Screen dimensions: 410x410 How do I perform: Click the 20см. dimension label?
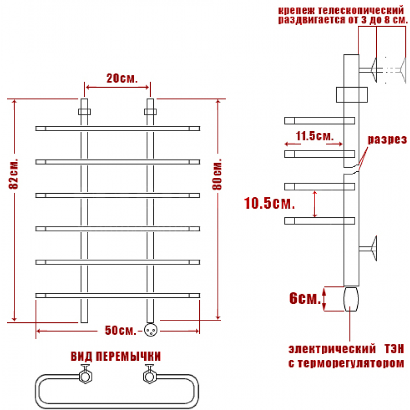(122, 78)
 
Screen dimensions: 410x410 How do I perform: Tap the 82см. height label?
(14, 174)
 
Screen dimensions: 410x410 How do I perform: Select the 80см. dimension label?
(217, 174)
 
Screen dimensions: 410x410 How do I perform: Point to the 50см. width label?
(120, 330)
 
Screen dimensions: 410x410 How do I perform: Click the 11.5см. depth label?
(315, 136)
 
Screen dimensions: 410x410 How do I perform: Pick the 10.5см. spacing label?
(270, 203)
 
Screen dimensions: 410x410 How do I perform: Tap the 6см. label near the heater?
(305, 298)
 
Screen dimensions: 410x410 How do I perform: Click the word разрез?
(387, 139)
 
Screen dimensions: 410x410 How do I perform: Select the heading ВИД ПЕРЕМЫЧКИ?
(116, 356)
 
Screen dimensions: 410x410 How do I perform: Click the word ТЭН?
(395, 349)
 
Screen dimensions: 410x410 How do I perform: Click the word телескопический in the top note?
(361, 11)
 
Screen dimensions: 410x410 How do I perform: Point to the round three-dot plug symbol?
(151, 330)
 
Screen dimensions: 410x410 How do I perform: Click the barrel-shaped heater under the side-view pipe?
(351, 299)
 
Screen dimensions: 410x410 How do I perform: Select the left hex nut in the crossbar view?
(86, 377)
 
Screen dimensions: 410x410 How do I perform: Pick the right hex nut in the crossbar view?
(150, 377)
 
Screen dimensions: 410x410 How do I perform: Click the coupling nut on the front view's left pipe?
(84, 112)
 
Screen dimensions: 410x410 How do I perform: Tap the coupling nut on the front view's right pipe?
(150, 112)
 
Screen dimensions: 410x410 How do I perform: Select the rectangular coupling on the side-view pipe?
(352, 95)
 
